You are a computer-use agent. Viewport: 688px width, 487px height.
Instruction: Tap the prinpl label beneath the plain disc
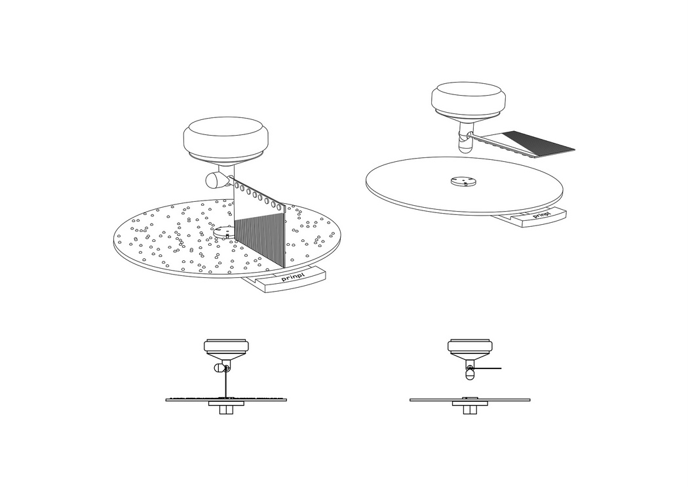(x=541, y=215)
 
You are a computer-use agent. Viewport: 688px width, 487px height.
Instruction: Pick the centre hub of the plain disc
(x=463, y=181)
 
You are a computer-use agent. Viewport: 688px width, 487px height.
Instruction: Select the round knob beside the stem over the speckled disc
(x=215, y=180)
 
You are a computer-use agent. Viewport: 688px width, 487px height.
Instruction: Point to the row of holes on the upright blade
(x=259, y=196)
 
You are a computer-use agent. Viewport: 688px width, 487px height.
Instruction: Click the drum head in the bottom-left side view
(x=227, y=345)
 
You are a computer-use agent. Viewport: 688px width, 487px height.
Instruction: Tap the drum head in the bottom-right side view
(x=470, y=345)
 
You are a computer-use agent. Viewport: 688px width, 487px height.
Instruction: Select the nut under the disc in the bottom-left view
(x=227, y=410)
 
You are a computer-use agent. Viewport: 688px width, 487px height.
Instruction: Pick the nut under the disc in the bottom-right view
(x=470, y=410)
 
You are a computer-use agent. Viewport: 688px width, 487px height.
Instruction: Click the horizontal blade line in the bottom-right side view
(x=486, y=368)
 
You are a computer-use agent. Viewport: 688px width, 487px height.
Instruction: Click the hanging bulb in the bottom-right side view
(x=470, y=374)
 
